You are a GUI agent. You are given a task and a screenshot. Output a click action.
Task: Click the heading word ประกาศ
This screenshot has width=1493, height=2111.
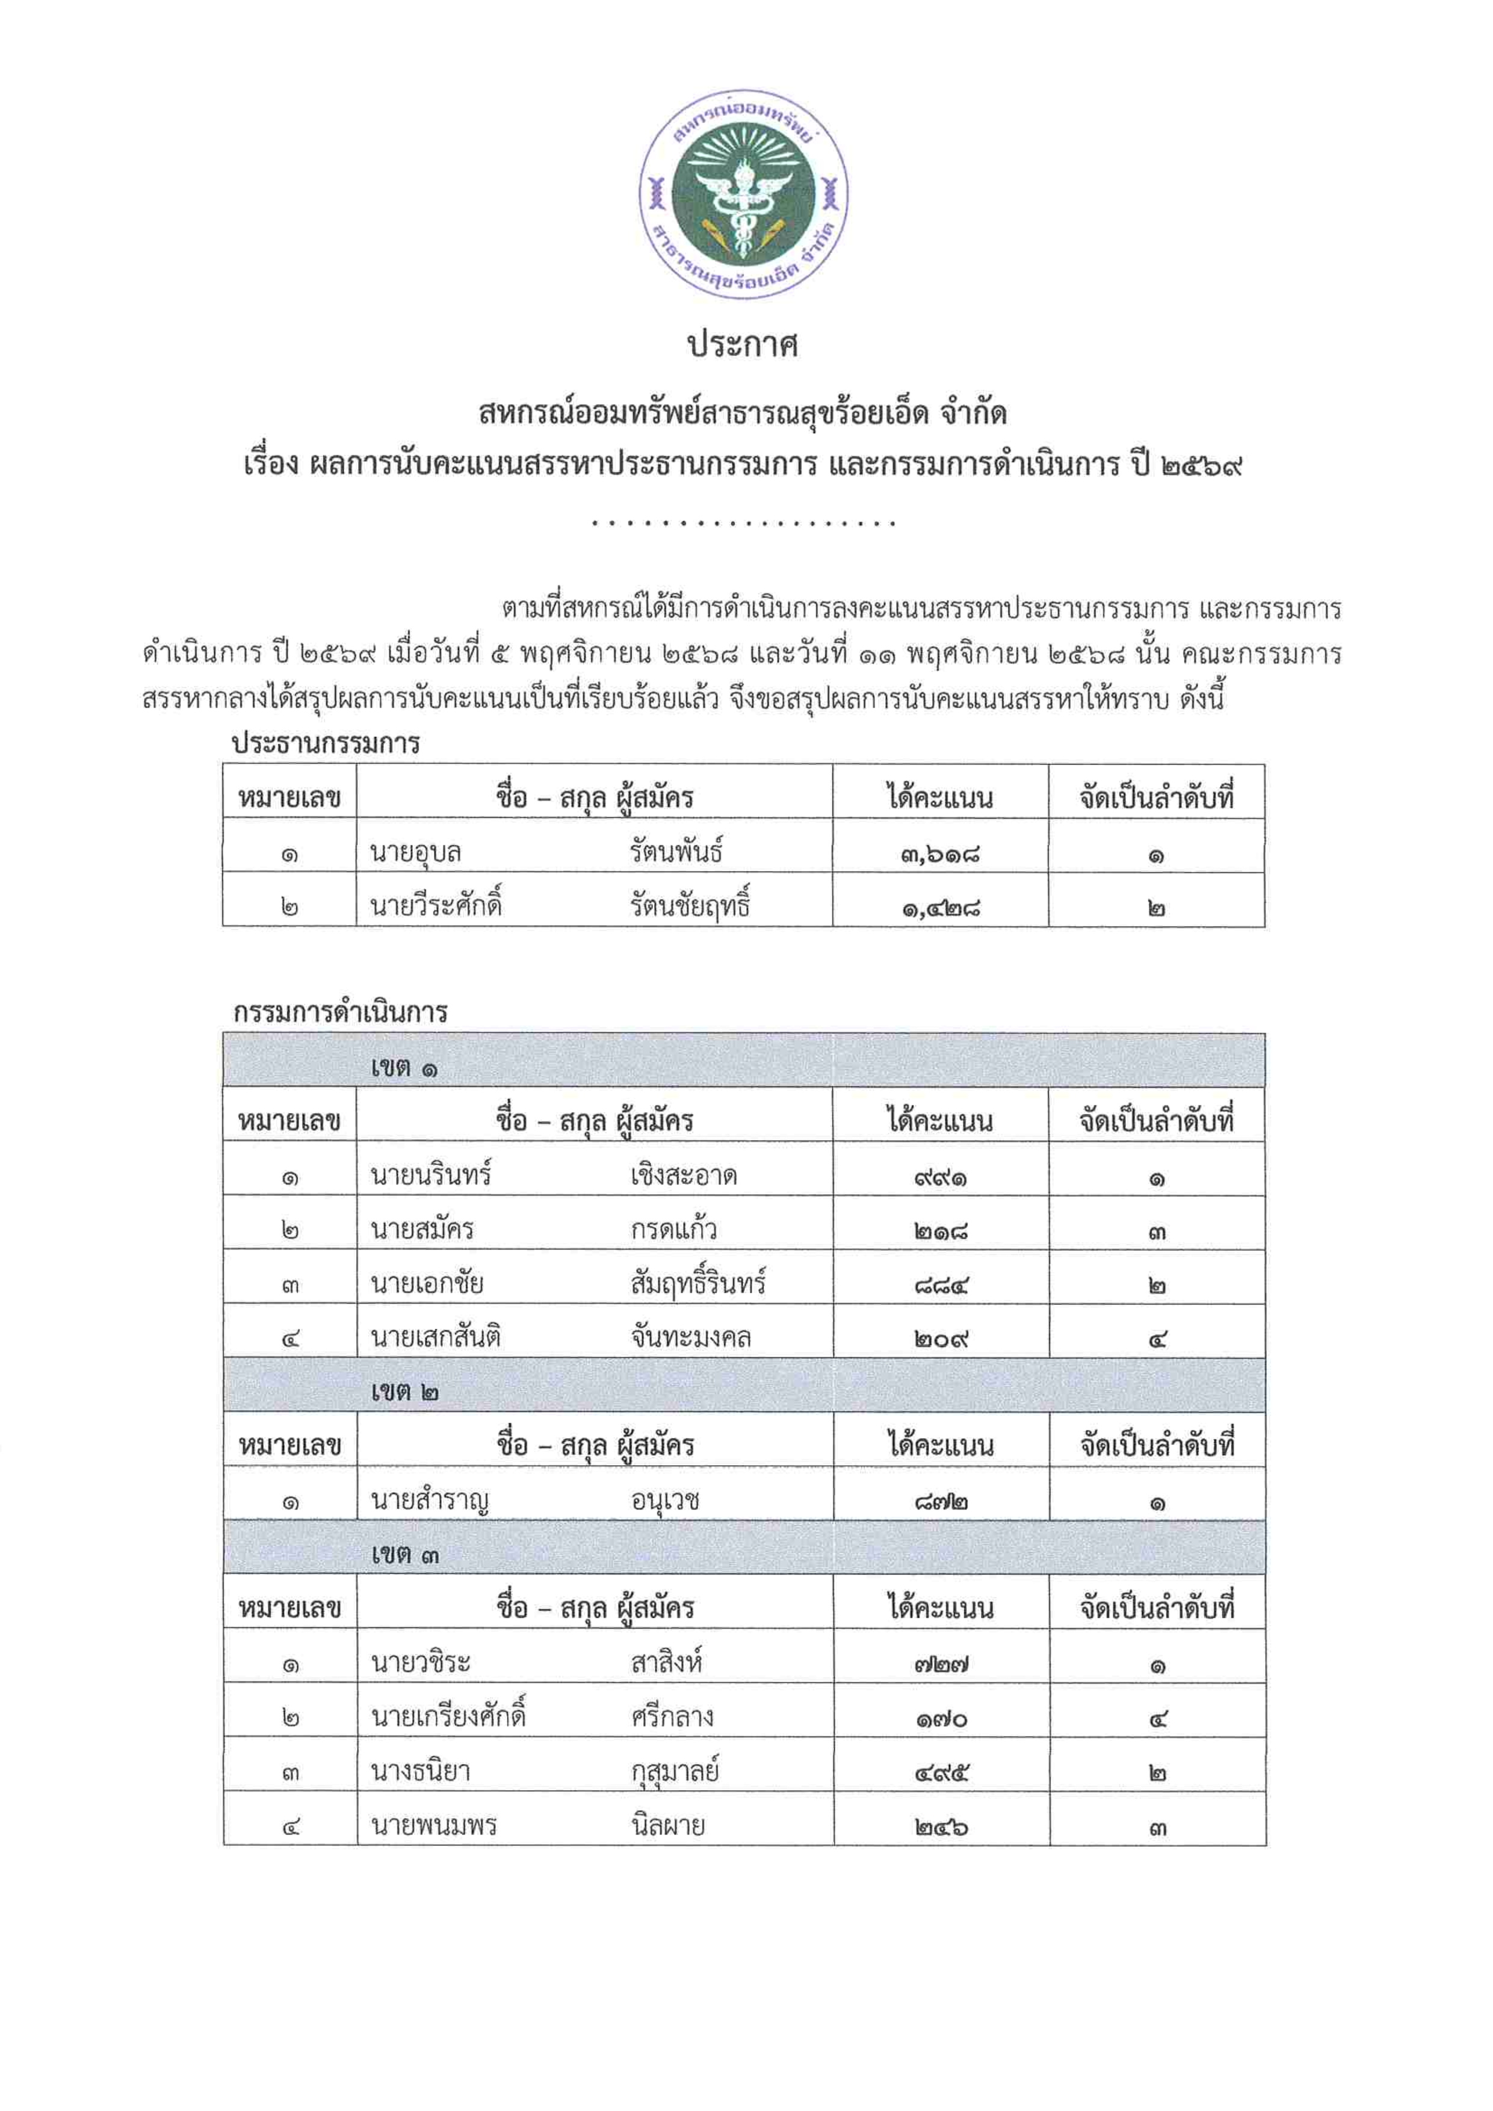744,346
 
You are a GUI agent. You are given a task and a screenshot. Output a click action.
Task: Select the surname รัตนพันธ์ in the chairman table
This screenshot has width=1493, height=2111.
676,853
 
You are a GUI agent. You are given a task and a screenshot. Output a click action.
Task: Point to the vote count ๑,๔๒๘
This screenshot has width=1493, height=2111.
941,908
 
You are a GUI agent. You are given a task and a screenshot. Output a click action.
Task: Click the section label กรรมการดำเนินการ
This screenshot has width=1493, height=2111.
340,1012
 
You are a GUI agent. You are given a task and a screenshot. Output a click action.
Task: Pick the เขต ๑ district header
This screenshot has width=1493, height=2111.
404,1068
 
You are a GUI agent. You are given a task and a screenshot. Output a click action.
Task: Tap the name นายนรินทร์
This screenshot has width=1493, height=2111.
431,1176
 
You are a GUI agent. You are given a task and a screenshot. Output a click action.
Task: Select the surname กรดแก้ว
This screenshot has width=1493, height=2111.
674,1230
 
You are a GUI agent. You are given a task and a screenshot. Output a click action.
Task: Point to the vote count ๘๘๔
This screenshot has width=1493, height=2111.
941,1285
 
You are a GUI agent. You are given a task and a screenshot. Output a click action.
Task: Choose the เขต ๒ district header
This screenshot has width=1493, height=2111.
404,1392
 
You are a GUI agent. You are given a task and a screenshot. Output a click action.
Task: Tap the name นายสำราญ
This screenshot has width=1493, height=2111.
429,1501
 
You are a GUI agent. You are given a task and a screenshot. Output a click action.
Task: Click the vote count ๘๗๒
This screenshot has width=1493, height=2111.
941,1501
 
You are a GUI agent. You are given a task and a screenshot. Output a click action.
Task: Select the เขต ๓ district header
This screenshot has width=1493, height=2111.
404,1555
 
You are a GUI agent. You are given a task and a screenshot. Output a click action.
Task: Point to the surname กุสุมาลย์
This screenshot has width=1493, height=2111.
675,1772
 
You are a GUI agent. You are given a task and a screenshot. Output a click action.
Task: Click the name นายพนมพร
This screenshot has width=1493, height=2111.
434,1825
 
